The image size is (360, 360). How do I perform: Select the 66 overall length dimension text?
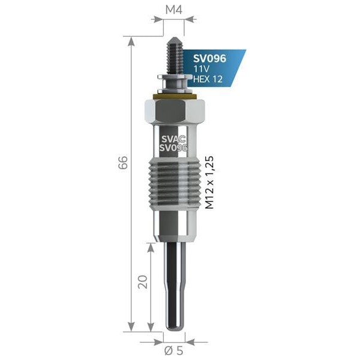coord(122,163)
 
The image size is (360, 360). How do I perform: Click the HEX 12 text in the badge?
coord(208,79)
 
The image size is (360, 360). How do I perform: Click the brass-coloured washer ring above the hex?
coord(175,95)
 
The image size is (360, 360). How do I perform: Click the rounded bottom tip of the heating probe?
coord(175,326)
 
